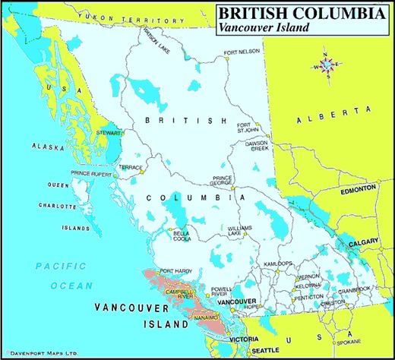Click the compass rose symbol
pos(327,66)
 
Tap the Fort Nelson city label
pos(241,52)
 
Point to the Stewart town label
pos(109,132)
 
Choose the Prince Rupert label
pos(90,173)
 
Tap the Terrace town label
pos(130,166)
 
